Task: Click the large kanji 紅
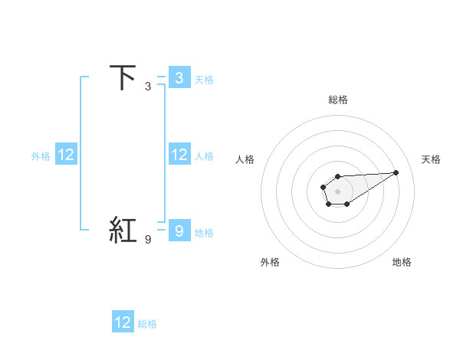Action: tap(124, 230)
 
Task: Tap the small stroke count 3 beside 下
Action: tap(147, 87)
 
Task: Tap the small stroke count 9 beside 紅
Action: tap(147, 240)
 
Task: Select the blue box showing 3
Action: tap(179, 78)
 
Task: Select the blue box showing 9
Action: tap(179, 231)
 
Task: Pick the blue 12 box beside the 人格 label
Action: tap(179, 155)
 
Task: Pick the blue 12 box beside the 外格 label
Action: tap(66, 155)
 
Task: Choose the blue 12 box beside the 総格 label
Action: tap(123, 322)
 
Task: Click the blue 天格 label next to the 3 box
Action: tap(204, 79)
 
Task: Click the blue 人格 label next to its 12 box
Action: tap(204, 156)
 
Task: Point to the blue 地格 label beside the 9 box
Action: tap(204, 233)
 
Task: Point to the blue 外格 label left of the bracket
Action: tap(41, 156)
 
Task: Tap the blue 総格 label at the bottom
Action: tap(147, 324)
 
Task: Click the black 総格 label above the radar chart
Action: tap(337, 100)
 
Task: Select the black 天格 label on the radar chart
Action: tap(431, 159)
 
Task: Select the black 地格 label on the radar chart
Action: tap(402, 262)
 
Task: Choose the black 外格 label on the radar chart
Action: tap(270, 262)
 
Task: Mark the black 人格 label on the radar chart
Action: tap(245, 159)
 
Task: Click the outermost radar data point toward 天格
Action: tap(396, 172)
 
